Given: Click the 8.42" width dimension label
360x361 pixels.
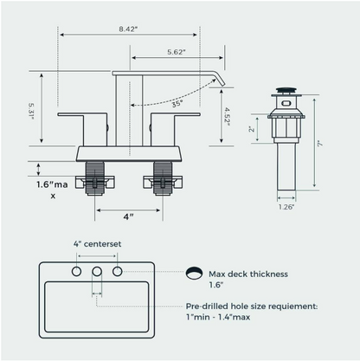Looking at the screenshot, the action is coord(128,29).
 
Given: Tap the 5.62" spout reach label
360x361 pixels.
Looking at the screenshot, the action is coord(177,52).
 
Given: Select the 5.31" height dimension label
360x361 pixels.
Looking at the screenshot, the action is coord(31,112).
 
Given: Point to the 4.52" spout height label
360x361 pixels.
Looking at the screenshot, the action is coord(228,117).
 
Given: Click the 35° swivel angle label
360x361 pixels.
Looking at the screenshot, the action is coord(177,104).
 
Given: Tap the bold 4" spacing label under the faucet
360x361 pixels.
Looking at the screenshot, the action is coord(128,216).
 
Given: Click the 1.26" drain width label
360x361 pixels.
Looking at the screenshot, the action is coord(286,207).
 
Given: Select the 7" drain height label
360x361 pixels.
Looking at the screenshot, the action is coord(320,144).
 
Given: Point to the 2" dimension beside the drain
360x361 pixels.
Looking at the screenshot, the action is coord(252,128).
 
